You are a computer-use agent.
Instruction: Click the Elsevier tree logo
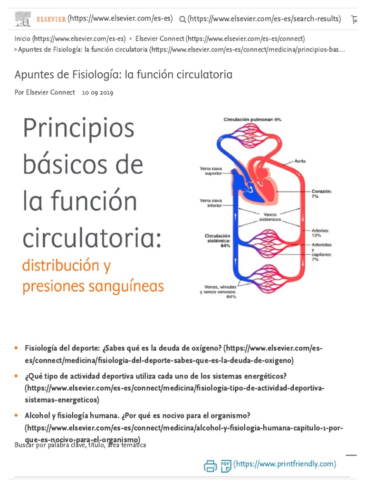(22, 19)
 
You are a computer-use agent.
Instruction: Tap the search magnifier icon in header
(182, 19)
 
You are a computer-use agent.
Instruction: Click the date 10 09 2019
(97, 93)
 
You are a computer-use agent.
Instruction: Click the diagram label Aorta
(300, 161)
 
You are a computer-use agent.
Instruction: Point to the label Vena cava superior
(211, 170)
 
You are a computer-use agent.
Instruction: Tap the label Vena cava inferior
(211, 204)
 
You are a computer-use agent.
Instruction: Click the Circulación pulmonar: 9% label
(252, 119)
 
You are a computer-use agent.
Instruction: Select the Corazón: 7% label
(322, 194)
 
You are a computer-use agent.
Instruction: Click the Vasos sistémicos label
(270, 217)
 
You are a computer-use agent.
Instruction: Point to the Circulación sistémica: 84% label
(217, 241)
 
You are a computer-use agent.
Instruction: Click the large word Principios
(78, 128)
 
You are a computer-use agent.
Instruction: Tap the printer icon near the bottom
(210, 466)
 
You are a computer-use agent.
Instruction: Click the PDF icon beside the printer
(225, 466)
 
